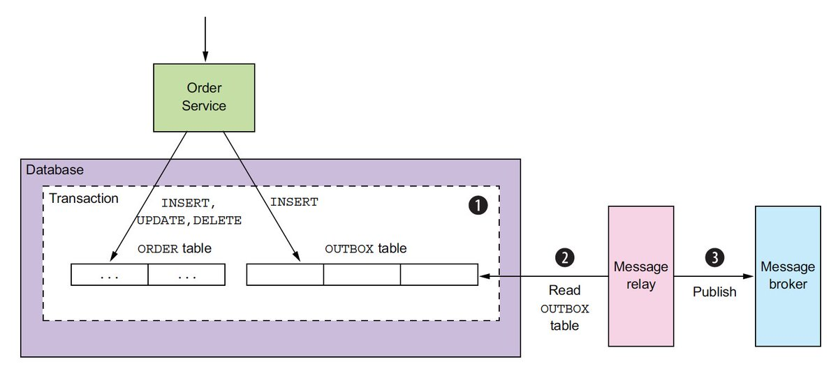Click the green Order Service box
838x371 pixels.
(204, 97)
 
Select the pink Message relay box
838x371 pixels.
(641, 275)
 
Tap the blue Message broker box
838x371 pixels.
(787, 275)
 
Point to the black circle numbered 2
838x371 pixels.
(564, 257)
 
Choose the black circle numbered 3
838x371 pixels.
(714, 257)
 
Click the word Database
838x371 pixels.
(54, 169)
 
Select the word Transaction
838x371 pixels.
(83, 199)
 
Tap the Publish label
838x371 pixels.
(714, 292)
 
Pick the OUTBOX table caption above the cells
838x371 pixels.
(366, 248)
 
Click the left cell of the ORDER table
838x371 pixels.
(110, 275)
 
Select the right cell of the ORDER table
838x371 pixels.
(186, 275)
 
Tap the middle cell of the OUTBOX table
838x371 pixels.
(362, 275)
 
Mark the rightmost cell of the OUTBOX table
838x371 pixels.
(439, 275)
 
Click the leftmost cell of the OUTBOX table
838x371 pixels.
(285, 275)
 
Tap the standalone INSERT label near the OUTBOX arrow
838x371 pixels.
(293, 202)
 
